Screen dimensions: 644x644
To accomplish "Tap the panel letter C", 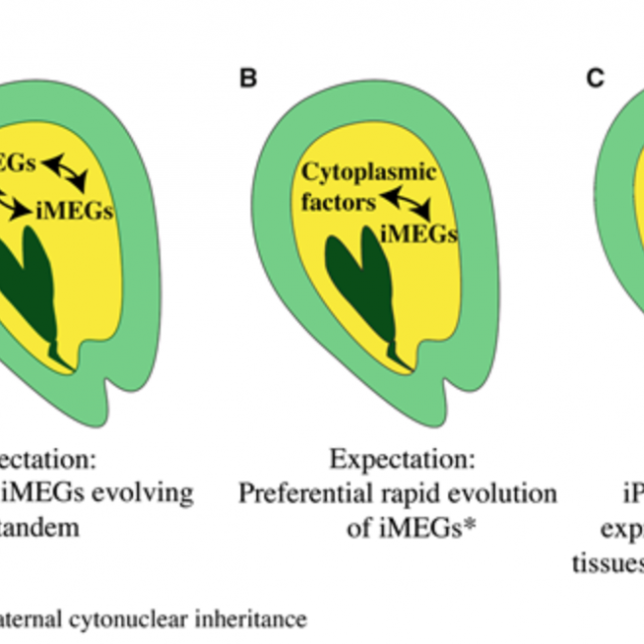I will click(594, 78).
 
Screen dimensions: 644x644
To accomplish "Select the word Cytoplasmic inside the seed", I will click(369, 174).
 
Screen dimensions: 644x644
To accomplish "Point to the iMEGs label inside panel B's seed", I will click(419, 234).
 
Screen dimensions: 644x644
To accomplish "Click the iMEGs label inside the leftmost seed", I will click(75, 212).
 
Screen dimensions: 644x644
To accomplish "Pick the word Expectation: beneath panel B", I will click(402, 461).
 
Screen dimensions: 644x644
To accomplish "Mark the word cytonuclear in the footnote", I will click(126, 619).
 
